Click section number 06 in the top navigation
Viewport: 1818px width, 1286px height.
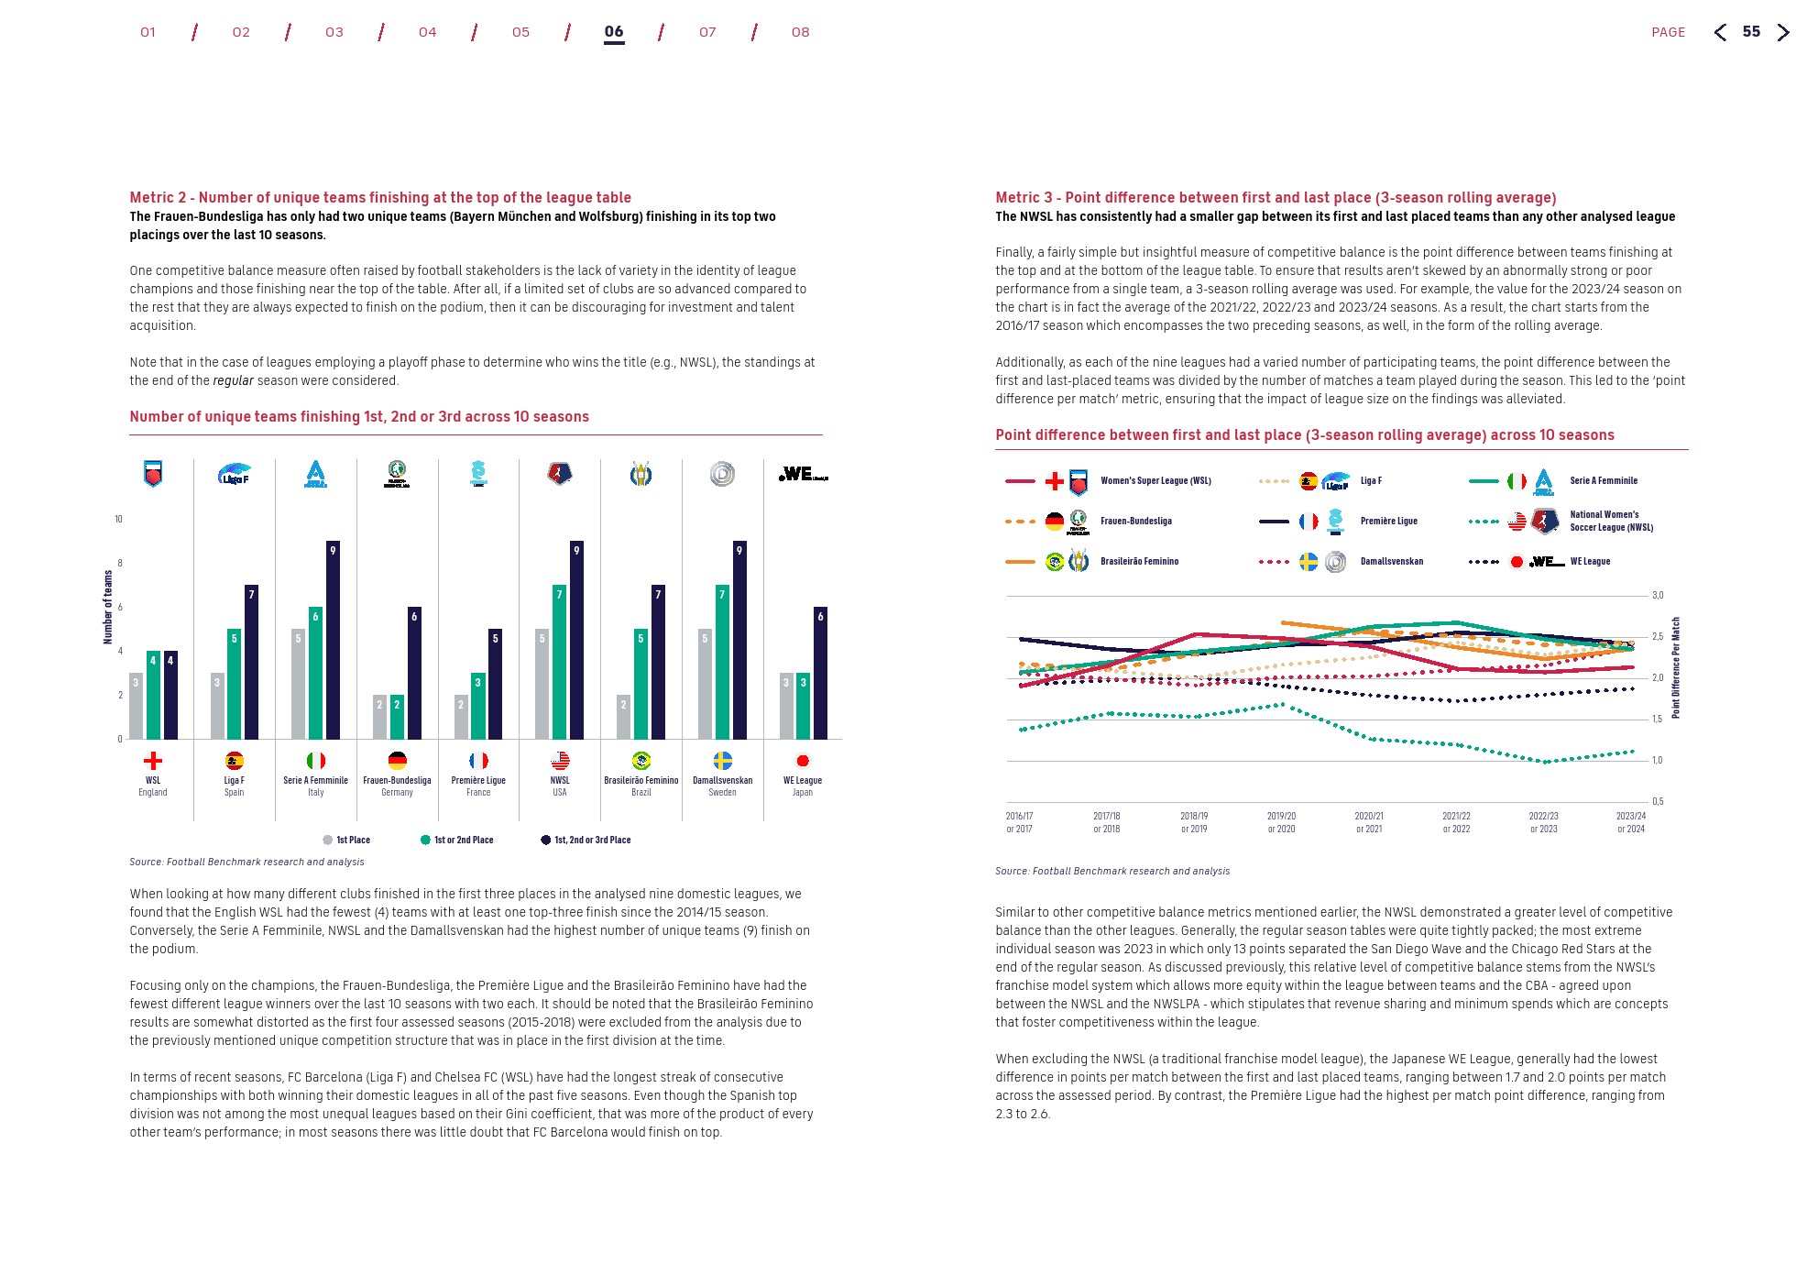pyautogui.click(x=614, y=32)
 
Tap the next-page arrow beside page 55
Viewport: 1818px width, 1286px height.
pyautogui.click(x=1782, y=33)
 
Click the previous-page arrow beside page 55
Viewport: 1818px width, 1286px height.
pyautogui.click(x=1721, y=33)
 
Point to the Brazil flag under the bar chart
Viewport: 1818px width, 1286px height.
pyautogui.click(x=641, y=761)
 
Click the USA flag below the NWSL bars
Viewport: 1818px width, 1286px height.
pyautogui.click(x=560, y=761)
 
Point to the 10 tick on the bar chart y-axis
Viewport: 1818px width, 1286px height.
pyautogui.click(x=118, y=520)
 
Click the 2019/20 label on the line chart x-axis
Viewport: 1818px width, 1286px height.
pyautogui.click(x=1281, y=821)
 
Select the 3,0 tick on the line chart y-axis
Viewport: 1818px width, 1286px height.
pyautogui.click(x=1658, y=596)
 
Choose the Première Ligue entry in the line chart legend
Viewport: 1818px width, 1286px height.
pyautogui.click(x=1388, y=522)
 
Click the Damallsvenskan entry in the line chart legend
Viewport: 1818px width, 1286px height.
pyautogui.click(x=1391, y=562)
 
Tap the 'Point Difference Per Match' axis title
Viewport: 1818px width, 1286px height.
pyautogui.click(x=1676, y=667)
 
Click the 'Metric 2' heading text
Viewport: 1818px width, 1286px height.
pyautogui.click(x=379, y=197)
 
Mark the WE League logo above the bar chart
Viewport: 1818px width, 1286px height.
pyautogui.click(x=803, y=474)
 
